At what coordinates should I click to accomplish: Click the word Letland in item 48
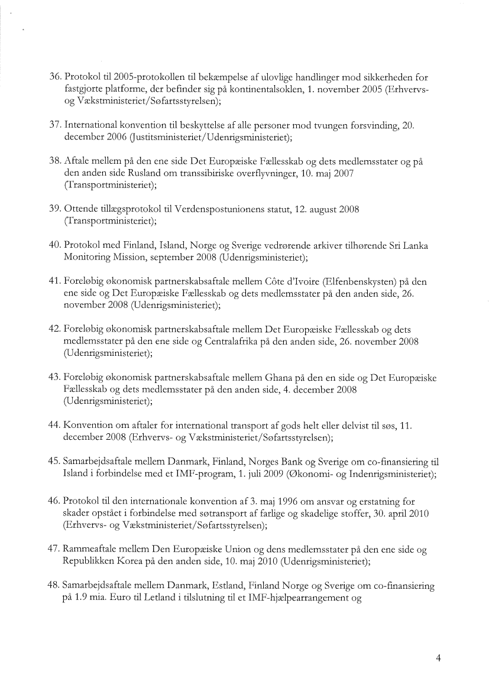[x=143, y=596]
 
